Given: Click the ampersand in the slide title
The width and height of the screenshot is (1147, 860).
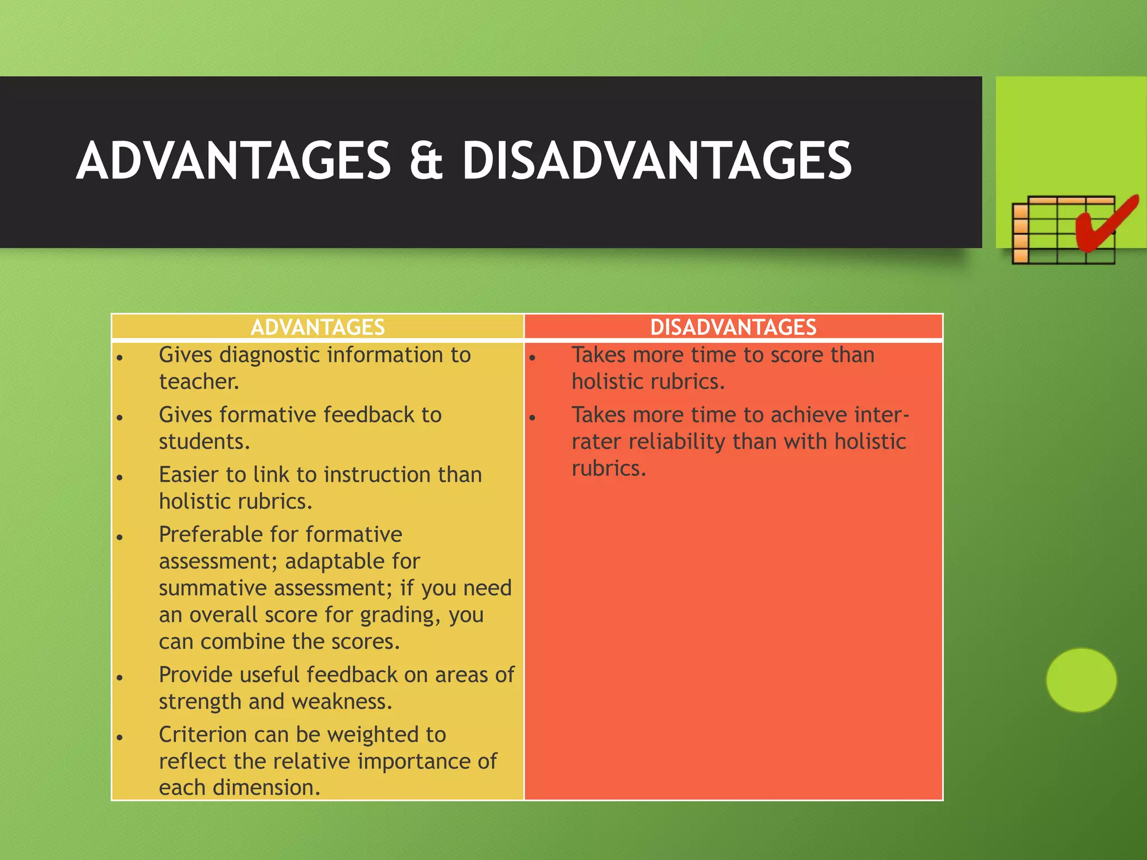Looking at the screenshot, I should pyautogui.click(x=427, y=161).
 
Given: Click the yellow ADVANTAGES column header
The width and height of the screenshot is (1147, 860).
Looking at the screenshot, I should pyautogui.click(x=318, y=327).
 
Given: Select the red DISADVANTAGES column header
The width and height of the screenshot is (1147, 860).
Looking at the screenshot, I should pyautogui.click(x=733, y=327).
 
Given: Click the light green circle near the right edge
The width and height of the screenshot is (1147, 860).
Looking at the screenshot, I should pyautogui.click(x=1081, y=680).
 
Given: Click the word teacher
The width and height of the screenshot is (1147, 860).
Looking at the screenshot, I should pyautogui.click(x=199, y=382).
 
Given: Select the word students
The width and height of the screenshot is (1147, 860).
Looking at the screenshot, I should pyautogui.click(x=204, y=442).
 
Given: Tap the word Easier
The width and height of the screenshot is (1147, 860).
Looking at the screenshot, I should pyautogui.click(x=188, y=475).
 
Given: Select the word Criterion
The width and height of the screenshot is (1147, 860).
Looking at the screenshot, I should pyautogui.click(x=202, y=735).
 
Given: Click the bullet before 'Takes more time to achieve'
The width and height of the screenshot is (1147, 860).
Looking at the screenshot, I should pyautogui.click(x=533, y=417).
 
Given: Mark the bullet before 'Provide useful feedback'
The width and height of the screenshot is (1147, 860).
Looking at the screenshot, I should pyautogui.click(x=119, y=677).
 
